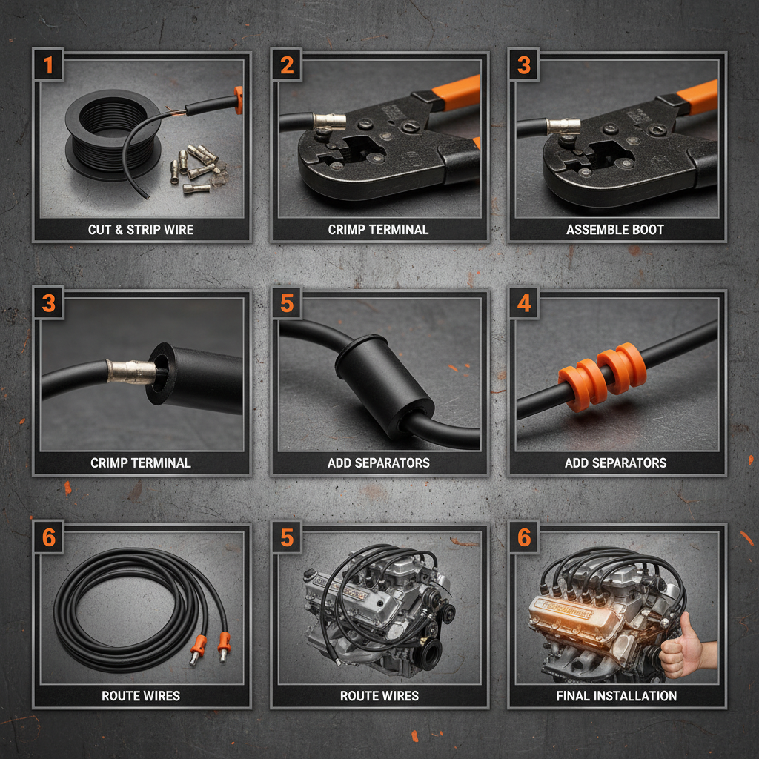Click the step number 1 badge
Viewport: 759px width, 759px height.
point(49,65)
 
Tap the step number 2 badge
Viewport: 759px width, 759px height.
point(287,65)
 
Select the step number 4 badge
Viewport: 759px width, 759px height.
point(524,305)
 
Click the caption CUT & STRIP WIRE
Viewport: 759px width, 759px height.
point(141,230)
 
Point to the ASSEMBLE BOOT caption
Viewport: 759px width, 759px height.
point(615,230)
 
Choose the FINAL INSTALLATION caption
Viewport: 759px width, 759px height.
point(617,696)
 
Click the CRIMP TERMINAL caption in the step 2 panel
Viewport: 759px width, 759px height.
point(378,230)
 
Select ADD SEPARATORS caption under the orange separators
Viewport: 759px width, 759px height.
point(616,463)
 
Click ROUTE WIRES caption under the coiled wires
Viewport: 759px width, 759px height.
point(141,696)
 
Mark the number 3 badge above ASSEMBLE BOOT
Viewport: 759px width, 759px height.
point(524,65)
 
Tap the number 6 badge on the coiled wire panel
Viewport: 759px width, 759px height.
point(49,538)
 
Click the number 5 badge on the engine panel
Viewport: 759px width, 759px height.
point(287,538)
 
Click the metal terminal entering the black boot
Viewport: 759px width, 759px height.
point(132,371)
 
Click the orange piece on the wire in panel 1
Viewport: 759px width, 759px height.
point(239,101)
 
